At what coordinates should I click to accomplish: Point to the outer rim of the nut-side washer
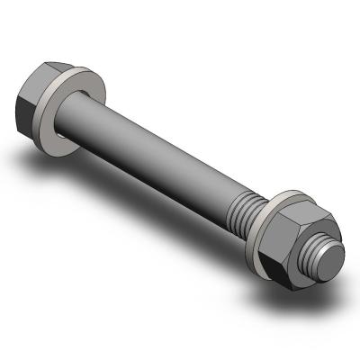286,195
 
